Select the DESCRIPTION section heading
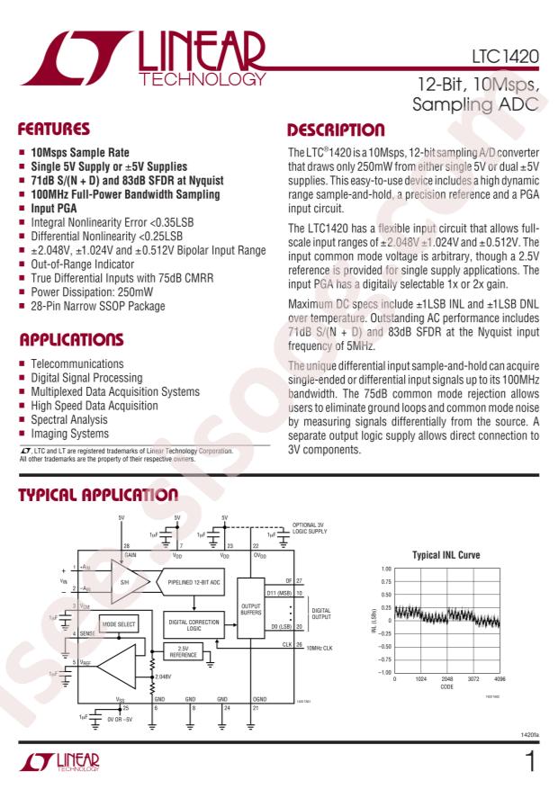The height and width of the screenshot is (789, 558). (x=335, y=131)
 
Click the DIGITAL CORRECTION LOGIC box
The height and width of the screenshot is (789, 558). (x=190, y=621)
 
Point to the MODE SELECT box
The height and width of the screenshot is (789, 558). (x=119, y=623)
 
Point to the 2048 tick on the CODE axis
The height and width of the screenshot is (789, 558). (x=447, y=679)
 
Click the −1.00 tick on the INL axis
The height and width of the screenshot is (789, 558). (x=384, y=672)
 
